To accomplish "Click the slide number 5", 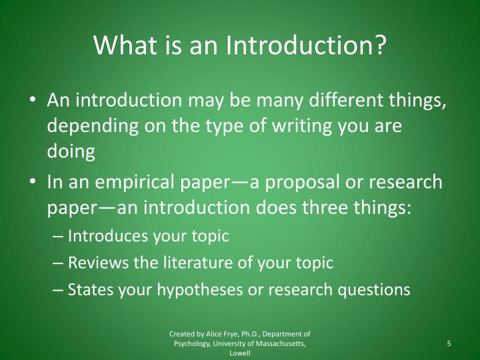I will [449, 343].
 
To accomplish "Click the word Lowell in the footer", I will [240, 353].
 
